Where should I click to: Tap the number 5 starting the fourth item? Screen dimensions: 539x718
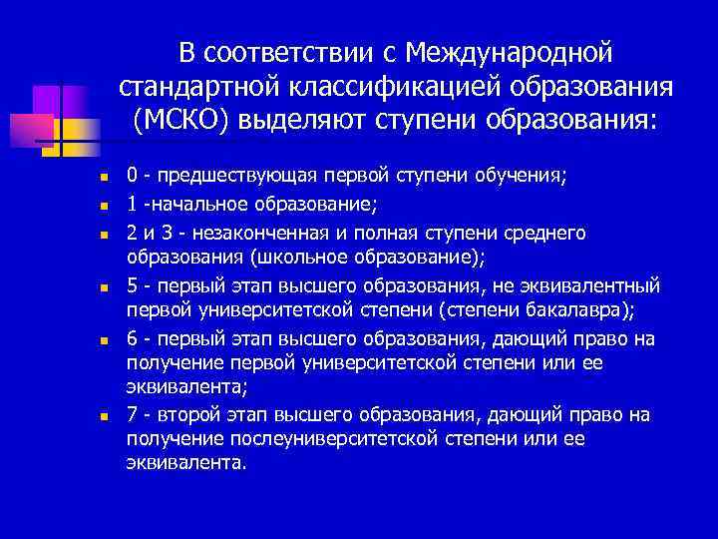132,285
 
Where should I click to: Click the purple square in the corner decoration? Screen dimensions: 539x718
47,101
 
